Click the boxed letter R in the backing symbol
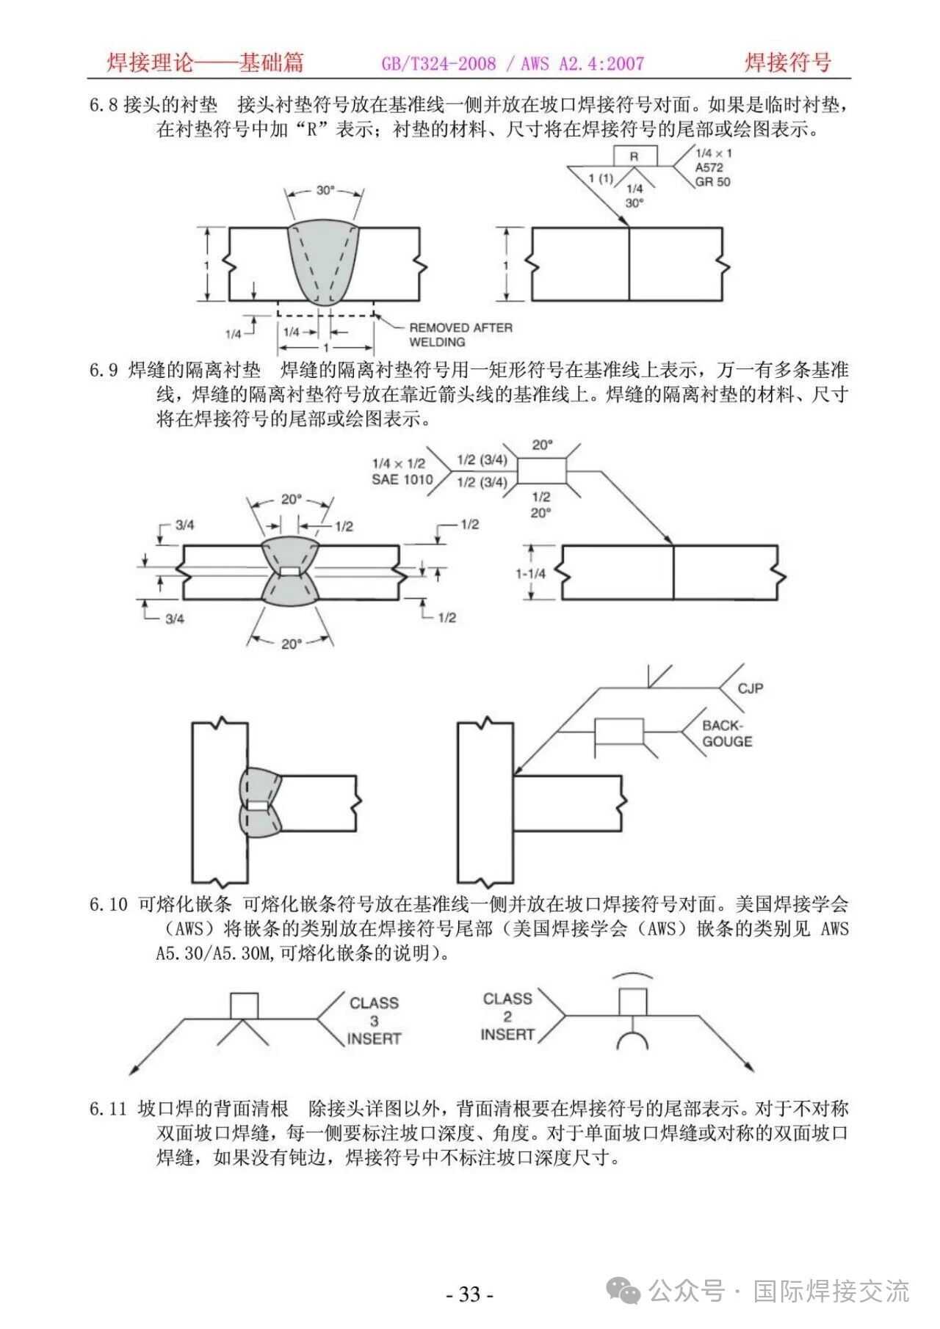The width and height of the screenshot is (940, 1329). (x=634, y=156)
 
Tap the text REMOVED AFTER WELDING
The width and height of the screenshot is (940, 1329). (x=460, y=335)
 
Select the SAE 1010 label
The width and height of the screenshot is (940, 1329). (x=402, y=480)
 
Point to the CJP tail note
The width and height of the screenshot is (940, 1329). (x=751, y=688)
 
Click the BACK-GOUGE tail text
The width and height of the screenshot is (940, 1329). (x=727, y=733)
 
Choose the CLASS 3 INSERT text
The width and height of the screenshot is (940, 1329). (x=374, y=1020)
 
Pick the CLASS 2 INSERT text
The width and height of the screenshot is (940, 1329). (x=507, y=1016)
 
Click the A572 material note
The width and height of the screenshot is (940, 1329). (x=709, y=167)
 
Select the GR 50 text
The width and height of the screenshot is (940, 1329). (x=712, y=181)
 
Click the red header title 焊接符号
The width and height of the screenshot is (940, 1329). (x=787, y=63)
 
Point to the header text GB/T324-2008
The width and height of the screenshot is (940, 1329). (x=438, y=64)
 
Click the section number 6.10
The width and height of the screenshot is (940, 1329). (x=109, y=904)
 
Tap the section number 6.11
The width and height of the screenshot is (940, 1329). (x=109, y=1109)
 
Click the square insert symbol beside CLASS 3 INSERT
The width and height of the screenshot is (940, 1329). (x=244, y=1005)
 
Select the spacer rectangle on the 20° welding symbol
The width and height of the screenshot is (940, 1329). (x=543, y=470)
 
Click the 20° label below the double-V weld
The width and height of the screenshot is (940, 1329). (x=291, y=644)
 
